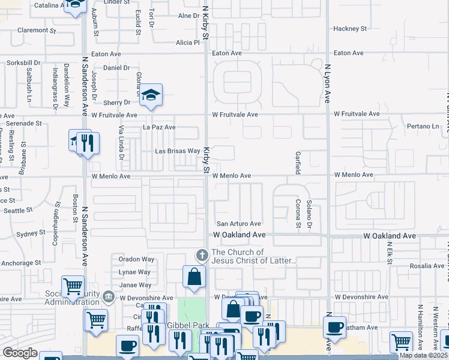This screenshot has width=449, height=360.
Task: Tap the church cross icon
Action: [202, 256]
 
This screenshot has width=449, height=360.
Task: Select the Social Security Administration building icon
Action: [109, 296]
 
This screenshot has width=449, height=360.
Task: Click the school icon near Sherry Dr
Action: [152, 95]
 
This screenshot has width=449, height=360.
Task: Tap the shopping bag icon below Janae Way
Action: [194, 277]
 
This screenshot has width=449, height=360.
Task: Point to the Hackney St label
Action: [350, 28]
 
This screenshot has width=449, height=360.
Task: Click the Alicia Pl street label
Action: [187, 43]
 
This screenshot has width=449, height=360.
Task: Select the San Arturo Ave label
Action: [238, 223]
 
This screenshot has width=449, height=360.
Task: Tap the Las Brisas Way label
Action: [177, 151]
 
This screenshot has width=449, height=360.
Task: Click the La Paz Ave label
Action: [158, 127]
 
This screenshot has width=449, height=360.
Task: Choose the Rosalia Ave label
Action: [427, 265]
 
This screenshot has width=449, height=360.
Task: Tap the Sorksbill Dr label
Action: [23, 62]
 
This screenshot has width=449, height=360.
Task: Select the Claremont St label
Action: [36, 29]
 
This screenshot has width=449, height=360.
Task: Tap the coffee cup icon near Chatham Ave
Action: [335, 327]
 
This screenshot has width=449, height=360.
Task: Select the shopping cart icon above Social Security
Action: [73, 286]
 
